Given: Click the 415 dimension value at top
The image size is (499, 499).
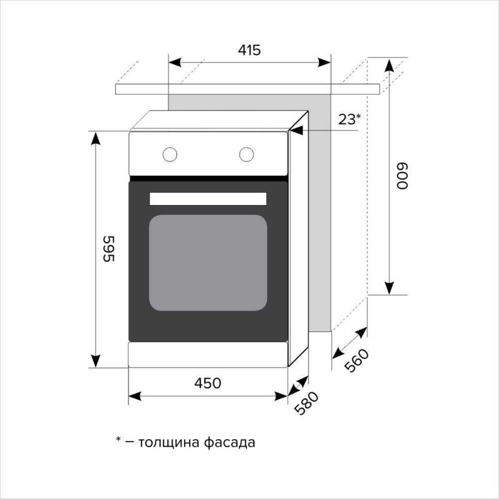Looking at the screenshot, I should pyautogui.click(x=249, y=51).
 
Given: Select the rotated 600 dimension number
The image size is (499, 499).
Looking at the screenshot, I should pyautogui.click(x=401, y=177).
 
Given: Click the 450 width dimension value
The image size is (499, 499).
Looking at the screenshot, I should pyautogui.click(x=207, y=383).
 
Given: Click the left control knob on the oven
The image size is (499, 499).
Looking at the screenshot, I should pyautogui.click(x=169, y=154).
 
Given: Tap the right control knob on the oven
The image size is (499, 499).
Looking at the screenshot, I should pyautogui.click(x=247, y=154).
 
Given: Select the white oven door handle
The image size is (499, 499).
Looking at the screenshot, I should pyautogui.click(x=208, y=198).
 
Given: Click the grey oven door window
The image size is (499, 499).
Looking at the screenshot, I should pyautogui.click(x=208, y=263).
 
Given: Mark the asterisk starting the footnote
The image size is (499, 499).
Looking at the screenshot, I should pyautogui.click(x=118, y=441).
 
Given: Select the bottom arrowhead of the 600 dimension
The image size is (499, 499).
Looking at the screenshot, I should pyautogui.click(x=389, y=288).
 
